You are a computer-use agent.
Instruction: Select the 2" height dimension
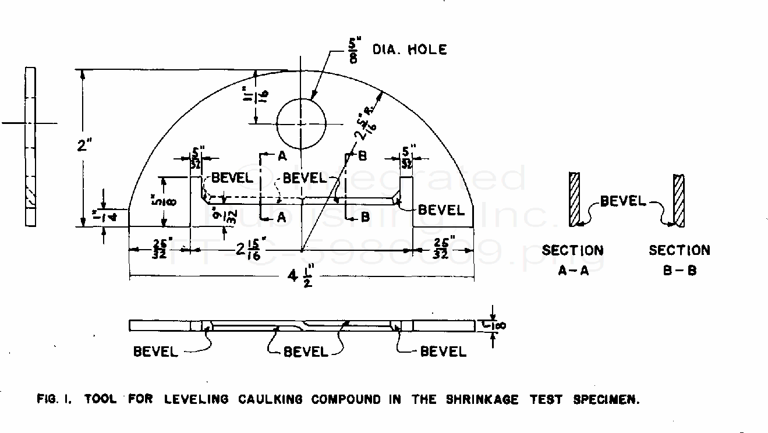pos(84,145)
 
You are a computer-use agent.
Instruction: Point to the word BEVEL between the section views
pos(623,201)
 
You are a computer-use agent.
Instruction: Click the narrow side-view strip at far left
pos(30,146)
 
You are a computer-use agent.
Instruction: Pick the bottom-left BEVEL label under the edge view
pos(155,352)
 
